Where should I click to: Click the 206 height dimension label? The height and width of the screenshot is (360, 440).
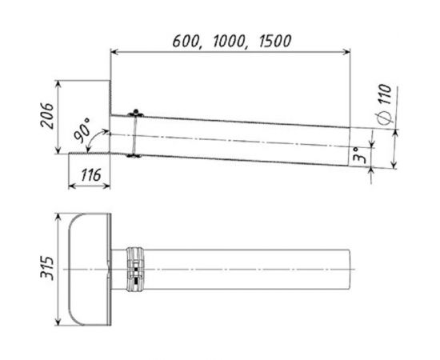click(x=47, y=116)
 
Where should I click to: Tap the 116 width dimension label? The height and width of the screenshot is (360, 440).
click(x=91, y=175)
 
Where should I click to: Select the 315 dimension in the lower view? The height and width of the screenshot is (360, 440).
click(x=47, y=268)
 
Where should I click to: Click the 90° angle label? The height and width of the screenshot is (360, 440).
click(x=82, y=130)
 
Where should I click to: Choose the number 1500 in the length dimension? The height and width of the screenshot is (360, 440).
click(x=275, y=41)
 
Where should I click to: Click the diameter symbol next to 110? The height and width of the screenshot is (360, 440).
click(x=385, y=118)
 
